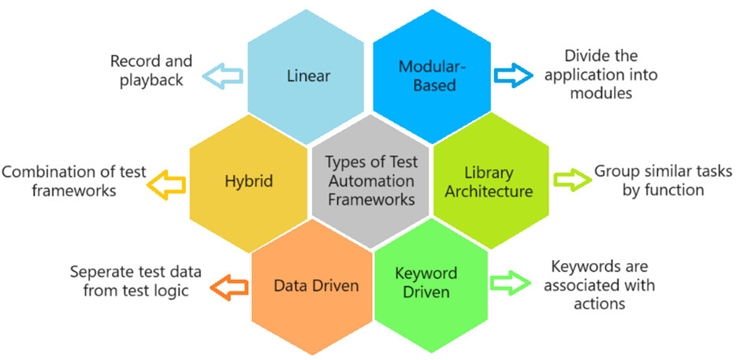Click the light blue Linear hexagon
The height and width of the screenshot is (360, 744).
coord(308,76)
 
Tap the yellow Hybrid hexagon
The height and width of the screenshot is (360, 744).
coord(247,180)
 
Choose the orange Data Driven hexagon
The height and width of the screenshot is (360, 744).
coord(315,285)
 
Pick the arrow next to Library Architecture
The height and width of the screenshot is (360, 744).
coord(572,180)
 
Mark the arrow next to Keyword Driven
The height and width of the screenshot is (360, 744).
coord(507,282)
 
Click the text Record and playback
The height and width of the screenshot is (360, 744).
coord(147,70)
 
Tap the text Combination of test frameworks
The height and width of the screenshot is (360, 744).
coord(74,180)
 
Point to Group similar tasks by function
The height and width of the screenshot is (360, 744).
coord(663,180)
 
